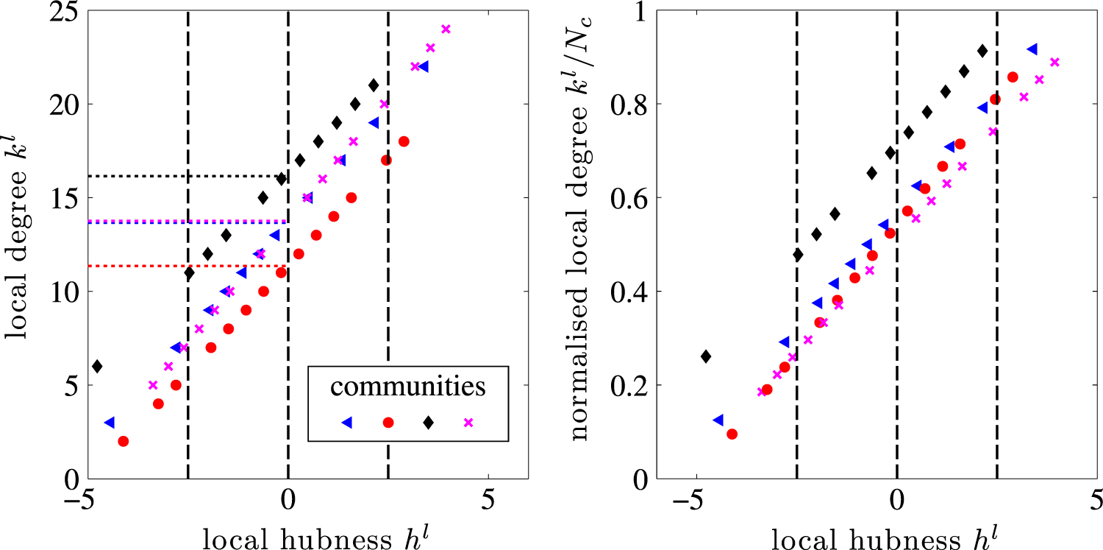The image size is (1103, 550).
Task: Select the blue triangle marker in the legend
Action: click(x=346, y=422)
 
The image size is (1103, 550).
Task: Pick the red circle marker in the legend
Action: click(x=388, y=422)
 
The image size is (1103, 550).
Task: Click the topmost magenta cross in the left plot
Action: click(x=445, y=29)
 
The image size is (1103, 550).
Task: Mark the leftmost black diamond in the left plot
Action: click(x=97, y=366)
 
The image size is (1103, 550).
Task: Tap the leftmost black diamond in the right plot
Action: click(x=706, y=356)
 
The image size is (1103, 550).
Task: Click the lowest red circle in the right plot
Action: click(x=732, y=434)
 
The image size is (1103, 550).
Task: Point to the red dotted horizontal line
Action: click(x=184, y=266)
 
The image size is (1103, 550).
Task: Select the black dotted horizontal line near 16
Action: click(x=184, y=176)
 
